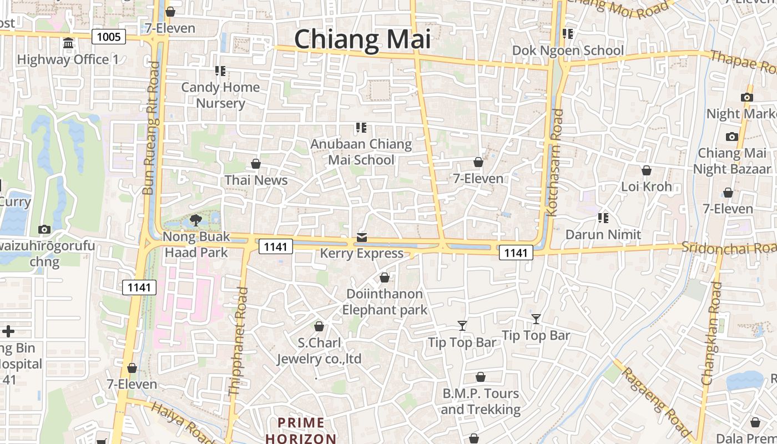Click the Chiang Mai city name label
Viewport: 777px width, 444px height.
tap(362, 39)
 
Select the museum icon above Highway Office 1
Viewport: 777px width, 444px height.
tap(68, 43)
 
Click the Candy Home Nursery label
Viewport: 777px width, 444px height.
tap(220, 95)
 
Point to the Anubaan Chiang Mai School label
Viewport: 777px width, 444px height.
tap(361, 152)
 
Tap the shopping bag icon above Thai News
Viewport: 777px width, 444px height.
tap(256, 164)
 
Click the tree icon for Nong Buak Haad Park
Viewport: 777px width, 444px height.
tap(195, 220)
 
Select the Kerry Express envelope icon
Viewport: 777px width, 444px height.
tap(362, 238)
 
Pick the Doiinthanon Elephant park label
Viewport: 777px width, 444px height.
tap(385, 302)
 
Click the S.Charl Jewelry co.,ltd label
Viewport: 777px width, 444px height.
tap(319, 351)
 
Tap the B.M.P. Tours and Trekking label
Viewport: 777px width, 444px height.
tap(481, 402)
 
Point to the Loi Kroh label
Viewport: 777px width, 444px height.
tap(647, 186)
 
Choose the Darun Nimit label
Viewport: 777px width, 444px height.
tap(603, 234)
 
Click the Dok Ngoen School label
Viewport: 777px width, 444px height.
tap(568, 51)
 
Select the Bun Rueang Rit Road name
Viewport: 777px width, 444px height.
tap(151, 128)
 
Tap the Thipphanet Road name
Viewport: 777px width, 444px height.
tap(237, 341)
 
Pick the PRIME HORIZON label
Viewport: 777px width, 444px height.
tap(301, 431)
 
